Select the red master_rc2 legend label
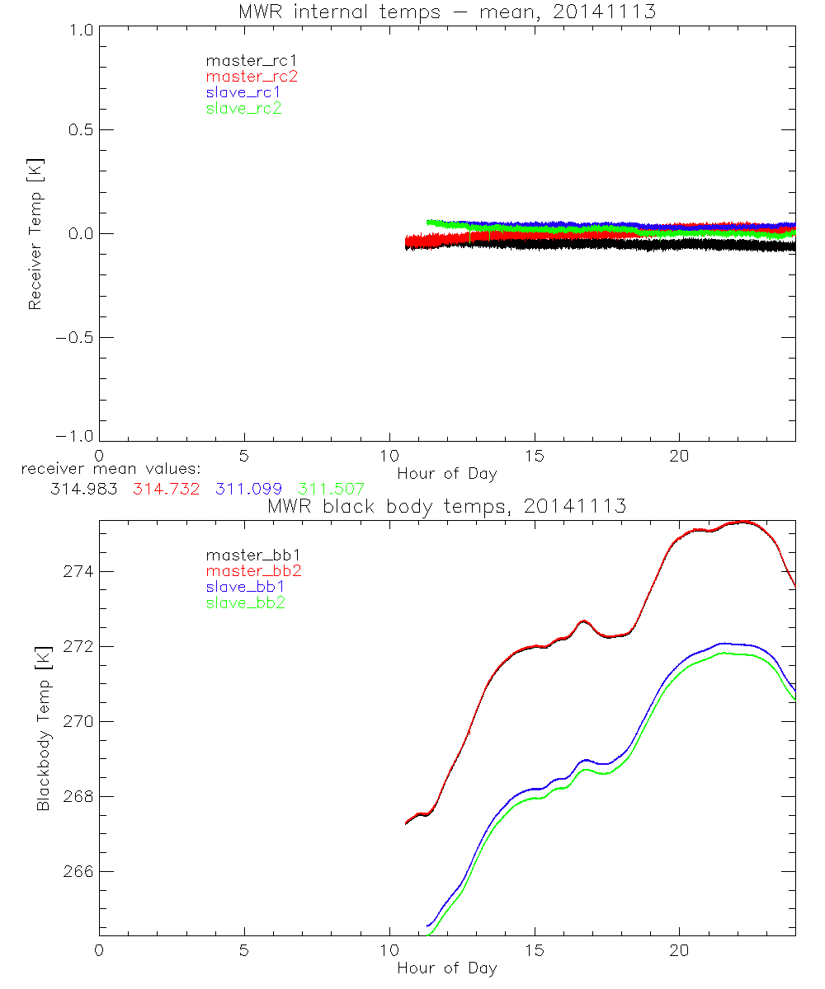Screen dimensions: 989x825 point(252,77)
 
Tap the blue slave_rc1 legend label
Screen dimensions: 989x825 point(243,92)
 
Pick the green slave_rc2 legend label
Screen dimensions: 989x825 point(243,108)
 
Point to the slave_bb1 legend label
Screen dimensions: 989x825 point(245,588)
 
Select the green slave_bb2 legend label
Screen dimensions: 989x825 point(245,603)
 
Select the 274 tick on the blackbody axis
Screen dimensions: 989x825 point(76,572)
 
